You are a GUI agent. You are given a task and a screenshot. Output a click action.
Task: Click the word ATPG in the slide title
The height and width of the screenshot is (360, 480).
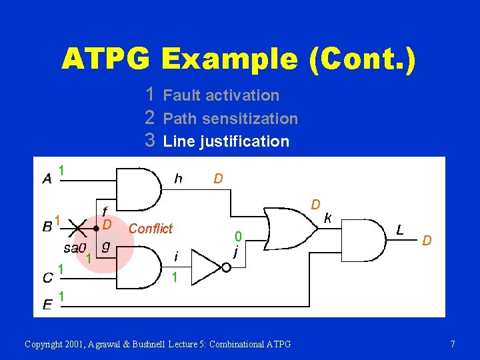(x=107, y=59)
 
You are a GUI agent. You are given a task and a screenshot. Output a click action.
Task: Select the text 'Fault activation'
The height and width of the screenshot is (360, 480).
(x=221, y=95)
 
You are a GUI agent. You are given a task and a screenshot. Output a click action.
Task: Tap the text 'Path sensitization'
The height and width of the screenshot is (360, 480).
(x=230, y=119)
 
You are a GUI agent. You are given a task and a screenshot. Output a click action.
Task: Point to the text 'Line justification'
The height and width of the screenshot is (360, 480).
(x=226, y=141)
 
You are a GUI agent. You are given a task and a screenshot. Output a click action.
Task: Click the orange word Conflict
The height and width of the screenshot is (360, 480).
(x=150, y=229)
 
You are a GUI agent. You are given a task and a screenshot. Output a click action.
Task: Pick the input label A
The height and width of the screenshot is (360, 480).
(x=47, y=178)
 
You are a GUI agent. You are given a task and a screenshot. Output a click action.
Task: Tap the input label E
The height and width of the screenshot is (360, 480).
(x=47, y=305)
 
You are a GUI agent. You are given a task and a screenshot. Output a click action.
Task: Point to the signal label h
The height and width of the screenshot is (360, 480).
(x=178, y=178)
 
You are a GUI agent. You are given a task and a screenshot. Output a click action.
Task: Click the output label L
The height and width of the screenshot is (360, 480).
(x=399, y=230)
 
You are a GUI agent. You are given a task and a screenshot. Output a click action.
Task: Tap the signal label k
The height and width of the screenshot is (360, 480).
(x=327, y=217)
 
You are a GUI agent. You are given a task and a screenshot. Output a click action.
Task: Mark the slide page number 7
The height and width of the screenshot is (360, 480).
(x=453, y=344)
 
